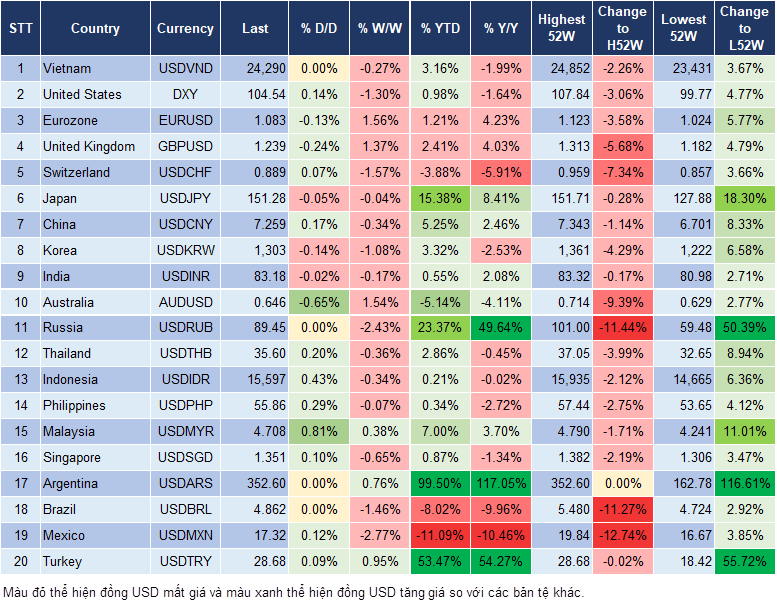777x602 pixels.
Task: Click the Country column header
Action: click(x=95, y=29)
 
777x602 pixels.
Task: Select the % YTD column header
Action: click(x=441, y=29)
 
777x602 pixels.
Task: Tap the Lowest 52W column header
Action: click(x=684, y=29)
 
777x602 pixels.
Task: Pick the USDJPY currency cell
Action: click(x=185, y=198)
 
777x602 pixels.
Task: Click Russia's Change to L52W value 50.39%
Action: click(x=745, y=327)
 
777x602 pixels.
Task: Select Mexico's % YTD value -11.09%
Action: click(x=441, y=535)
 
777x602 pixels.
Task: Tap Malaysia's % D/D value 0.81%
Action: click(x=319, y=431)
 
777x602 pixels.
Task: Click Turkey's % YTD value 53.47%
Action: click(x=441, y=561)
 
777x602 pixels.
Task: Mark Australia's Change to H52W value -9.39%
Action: click(x=622, y=301)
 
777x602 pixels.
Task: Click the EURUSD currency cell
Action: click(x=185, y=120)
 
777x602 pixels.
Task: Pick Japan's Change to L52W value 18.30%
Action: click(x=745, y=198)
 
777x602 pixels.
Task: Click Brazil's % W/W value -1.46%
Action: click(x=380, y=509)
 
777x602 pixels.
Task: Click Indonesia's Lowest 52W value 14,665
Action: click(x=686, y=379)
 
